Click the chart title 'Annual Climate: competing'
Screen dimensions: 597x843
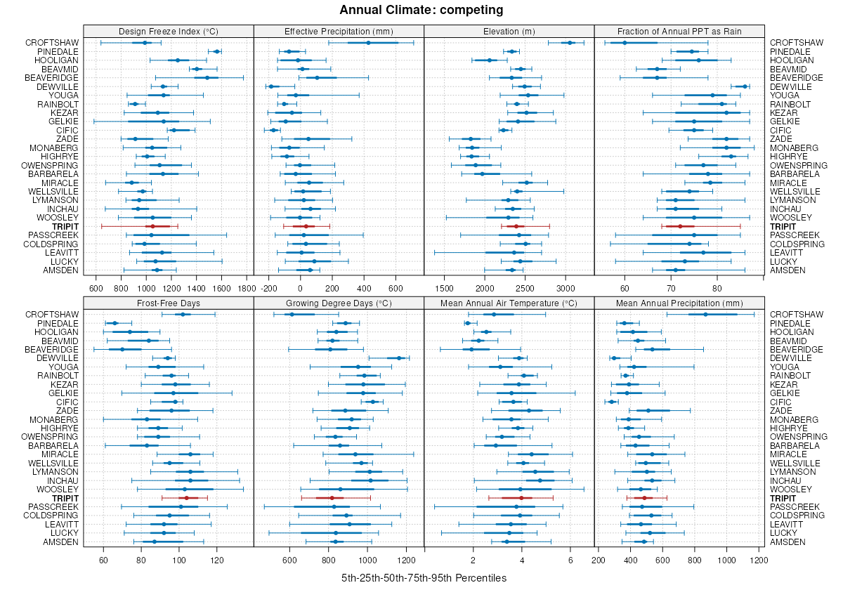tap(421, 10)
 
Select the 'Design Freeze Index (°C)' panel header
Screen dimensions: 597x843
tap(168, 31)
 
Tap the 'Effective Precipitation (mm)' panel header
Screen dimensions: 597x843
tap(339, 31)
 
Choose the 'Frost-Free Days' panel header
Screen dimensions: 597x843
tap(168, 303)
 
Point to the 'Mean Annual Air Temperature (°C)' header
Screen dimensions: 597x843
tap(509, 303)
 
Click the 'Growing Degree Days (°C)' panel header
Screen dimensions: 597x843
tap(339, 303)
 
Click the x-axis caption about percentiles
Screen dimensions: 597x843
tap(424, 578)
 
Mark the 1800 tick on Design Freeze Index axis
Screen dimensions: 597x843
tap(247, 288)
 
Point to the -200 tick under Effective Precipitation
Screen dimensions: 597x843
tap(268, 288)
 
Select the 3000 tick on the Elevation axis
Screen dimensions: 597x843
tap(566, 288)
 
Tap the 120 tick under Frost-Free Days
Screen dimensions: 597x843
tap(217, 560)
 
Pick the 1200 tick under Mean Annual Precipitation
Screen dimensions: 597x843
tap(758, 560)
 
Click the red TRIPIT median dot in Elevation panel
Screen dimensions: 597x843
tap(516, 226)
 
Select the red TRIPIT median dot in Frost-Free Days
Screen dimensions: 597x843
tap(186, 498)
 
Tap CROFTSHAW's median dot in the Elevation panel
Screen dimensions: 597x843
tap(570, 43)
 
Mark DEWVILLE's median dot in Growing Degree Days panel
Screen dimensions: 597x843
tap(400, 357)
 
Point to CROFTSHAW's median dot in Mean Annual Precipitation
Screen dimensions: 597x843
tap(706, 314)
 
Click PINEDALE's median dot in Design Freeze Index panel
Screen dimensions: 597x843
tap(217, 51)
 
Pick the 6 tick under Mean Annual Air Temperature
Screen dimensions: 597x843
tap(571, 560)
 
